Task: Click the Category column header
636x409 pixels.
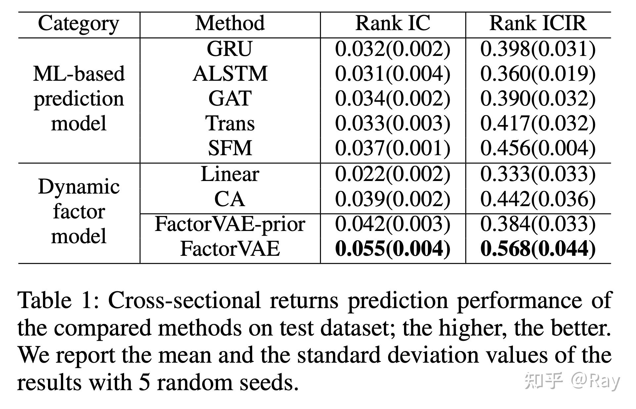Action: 78,24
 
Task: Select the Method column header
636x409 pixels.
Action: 230,24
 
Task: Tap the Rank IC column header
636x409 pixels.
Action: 393,24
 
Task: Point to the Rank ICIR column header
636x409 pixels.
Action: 538,24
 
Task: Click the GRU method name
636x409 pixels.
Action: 230,49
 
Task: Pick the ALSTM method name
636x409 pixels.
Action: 230,73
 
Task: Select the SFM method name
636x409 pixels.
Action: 230,148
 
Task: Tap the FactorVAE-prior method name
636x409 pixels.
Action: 230,224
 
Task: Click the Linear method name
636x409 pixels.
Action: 230,174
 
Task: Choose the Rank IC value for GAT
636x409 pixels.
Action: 393,98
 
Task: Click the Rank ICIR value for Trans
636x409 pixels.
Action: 538,123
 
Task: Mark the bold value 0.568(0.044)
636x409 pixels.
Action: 538,249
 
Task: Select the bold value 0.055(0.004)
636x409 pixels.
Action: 393,249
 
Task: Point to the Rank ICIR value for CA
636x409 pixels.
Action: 538,199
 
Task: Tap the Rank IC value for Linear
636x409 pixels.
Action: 393,174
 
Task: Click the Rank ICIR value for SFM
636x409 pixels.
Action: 538,148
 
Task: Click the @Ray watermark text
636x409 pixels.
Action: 595,381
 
